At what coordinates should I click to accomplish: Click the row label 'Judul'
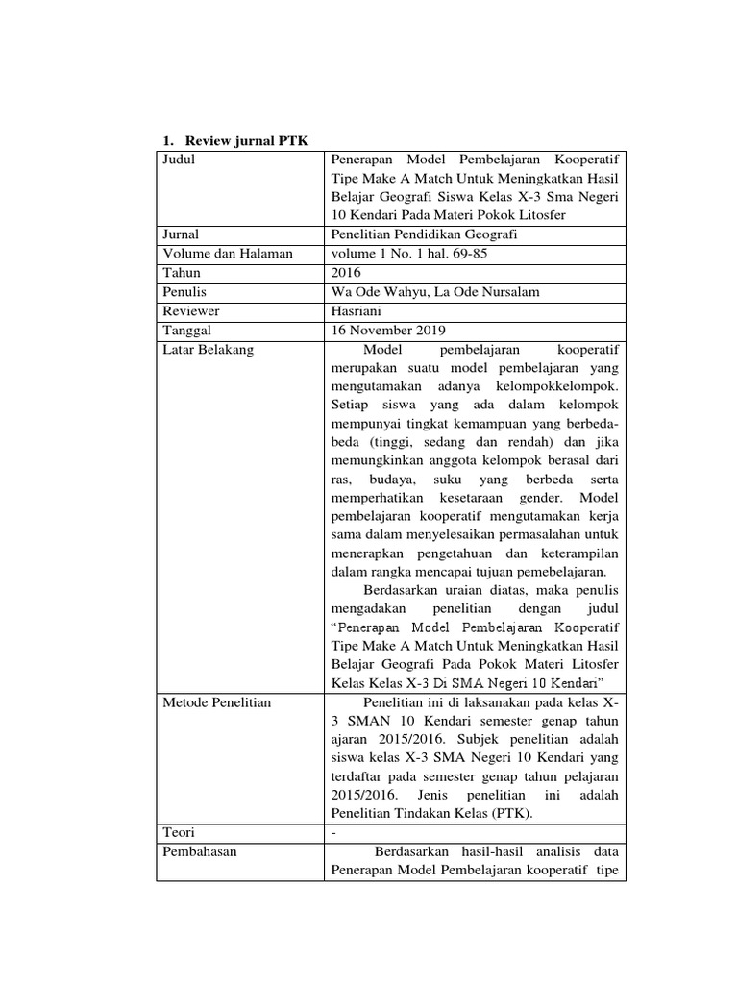tap(180, 160)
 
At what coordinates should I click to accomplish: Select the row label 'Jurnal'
tap(182, 234)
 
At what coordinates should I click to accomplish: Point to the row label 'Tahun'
tap(182, 272)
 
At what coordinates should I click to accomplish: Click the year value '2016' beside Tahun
tap(344, 272)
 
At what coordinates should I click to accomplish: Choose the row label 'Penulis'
tap(184, 291)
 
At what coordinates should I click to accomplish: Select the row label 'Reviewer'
tap(191, 310)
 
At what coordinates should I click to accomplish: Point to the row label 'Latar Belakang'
tap(209, 349)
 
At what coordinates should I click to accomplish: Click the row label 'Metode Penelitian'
tap(217, 702)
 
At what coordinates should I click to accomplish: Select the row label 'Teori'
tap(179, 832)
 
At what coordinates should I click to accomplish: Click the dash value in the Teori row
tap(332, 832)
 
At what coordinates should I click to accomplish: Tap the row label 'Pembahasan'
tap(200, 851)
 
